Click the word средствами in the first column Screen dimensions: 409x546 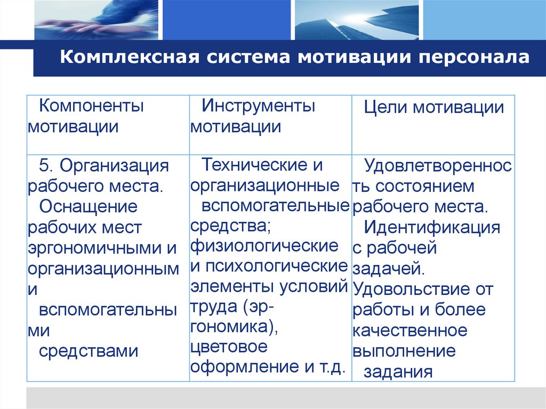[89, 351]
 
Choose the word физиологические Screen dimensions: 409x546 [264, 246]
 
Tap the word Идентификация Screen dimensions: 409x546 [432, 227]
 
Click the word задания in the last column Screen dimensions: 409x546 [398, 371]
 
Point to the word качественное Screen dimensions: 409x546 [409, 331]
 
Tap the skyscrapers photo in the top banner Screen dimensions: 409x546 [356, 20]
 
